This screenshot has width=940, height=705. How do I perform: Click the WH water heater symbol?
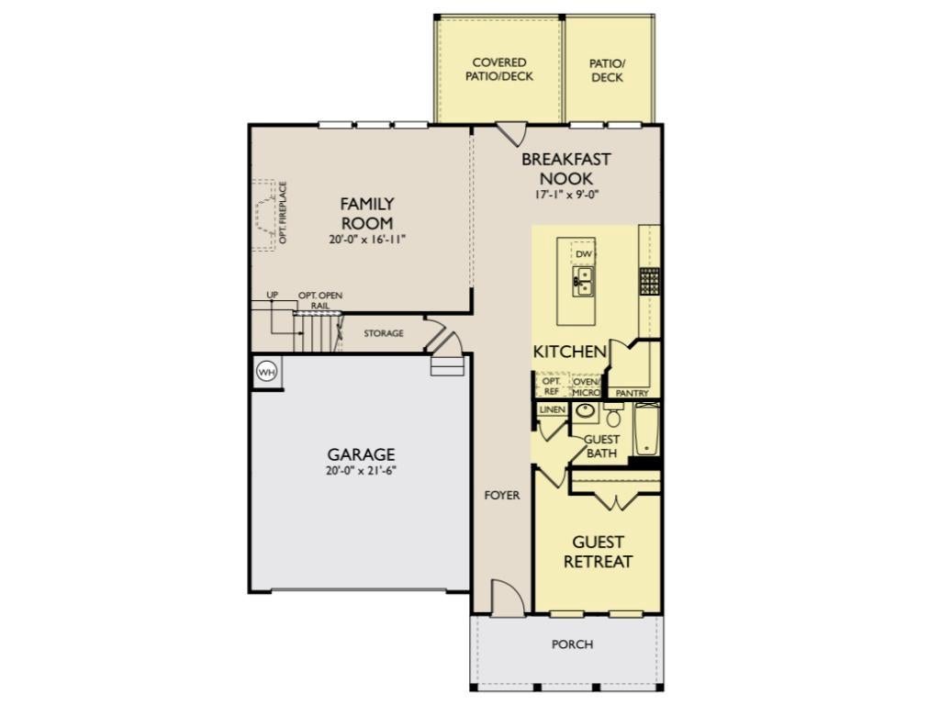[267, 373]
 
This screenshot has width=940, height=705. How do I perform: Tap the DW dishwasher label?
[583, 254]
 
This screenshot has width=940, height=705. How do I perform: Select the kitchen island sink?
[582, 281]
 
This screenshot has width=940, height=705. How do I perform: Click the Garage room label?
[361, 453]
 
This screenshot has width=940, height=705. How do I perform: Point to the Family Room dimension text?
[367, 240]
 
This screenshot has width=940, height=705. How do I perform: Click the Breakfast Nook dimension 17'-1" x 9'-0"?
[566, 195]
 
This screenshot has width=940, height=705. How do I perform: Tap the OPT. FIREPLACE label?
[283, 213]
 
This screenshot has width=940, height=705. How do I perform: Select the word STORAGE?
[384, 333]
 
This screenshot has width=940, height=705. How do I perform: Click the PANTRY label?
[632, 393]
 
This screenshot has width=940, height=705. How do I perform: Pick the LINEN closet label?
[552, 409]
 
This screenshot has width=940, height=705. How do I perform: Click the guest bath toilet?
[612, 414]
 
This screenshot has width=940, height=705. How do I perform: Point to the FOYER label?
[502, 495]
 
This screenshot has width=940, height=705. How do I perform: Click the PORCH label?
[573, 644]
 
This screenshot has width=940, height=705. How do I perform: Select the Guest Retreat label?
[598, 552]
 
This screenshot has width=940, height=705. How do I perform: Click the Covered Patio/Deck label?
[499, 70]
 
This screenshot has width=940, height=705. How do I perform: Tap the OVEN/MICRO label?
[586, 386]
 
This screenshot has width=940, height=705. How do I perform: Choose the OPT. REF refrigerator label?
[551, 386]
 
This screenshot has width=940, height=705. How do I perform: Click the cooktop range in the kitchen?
[649, 281]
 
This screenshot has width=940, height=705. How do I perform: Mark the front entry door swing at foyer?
[505, 597]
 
